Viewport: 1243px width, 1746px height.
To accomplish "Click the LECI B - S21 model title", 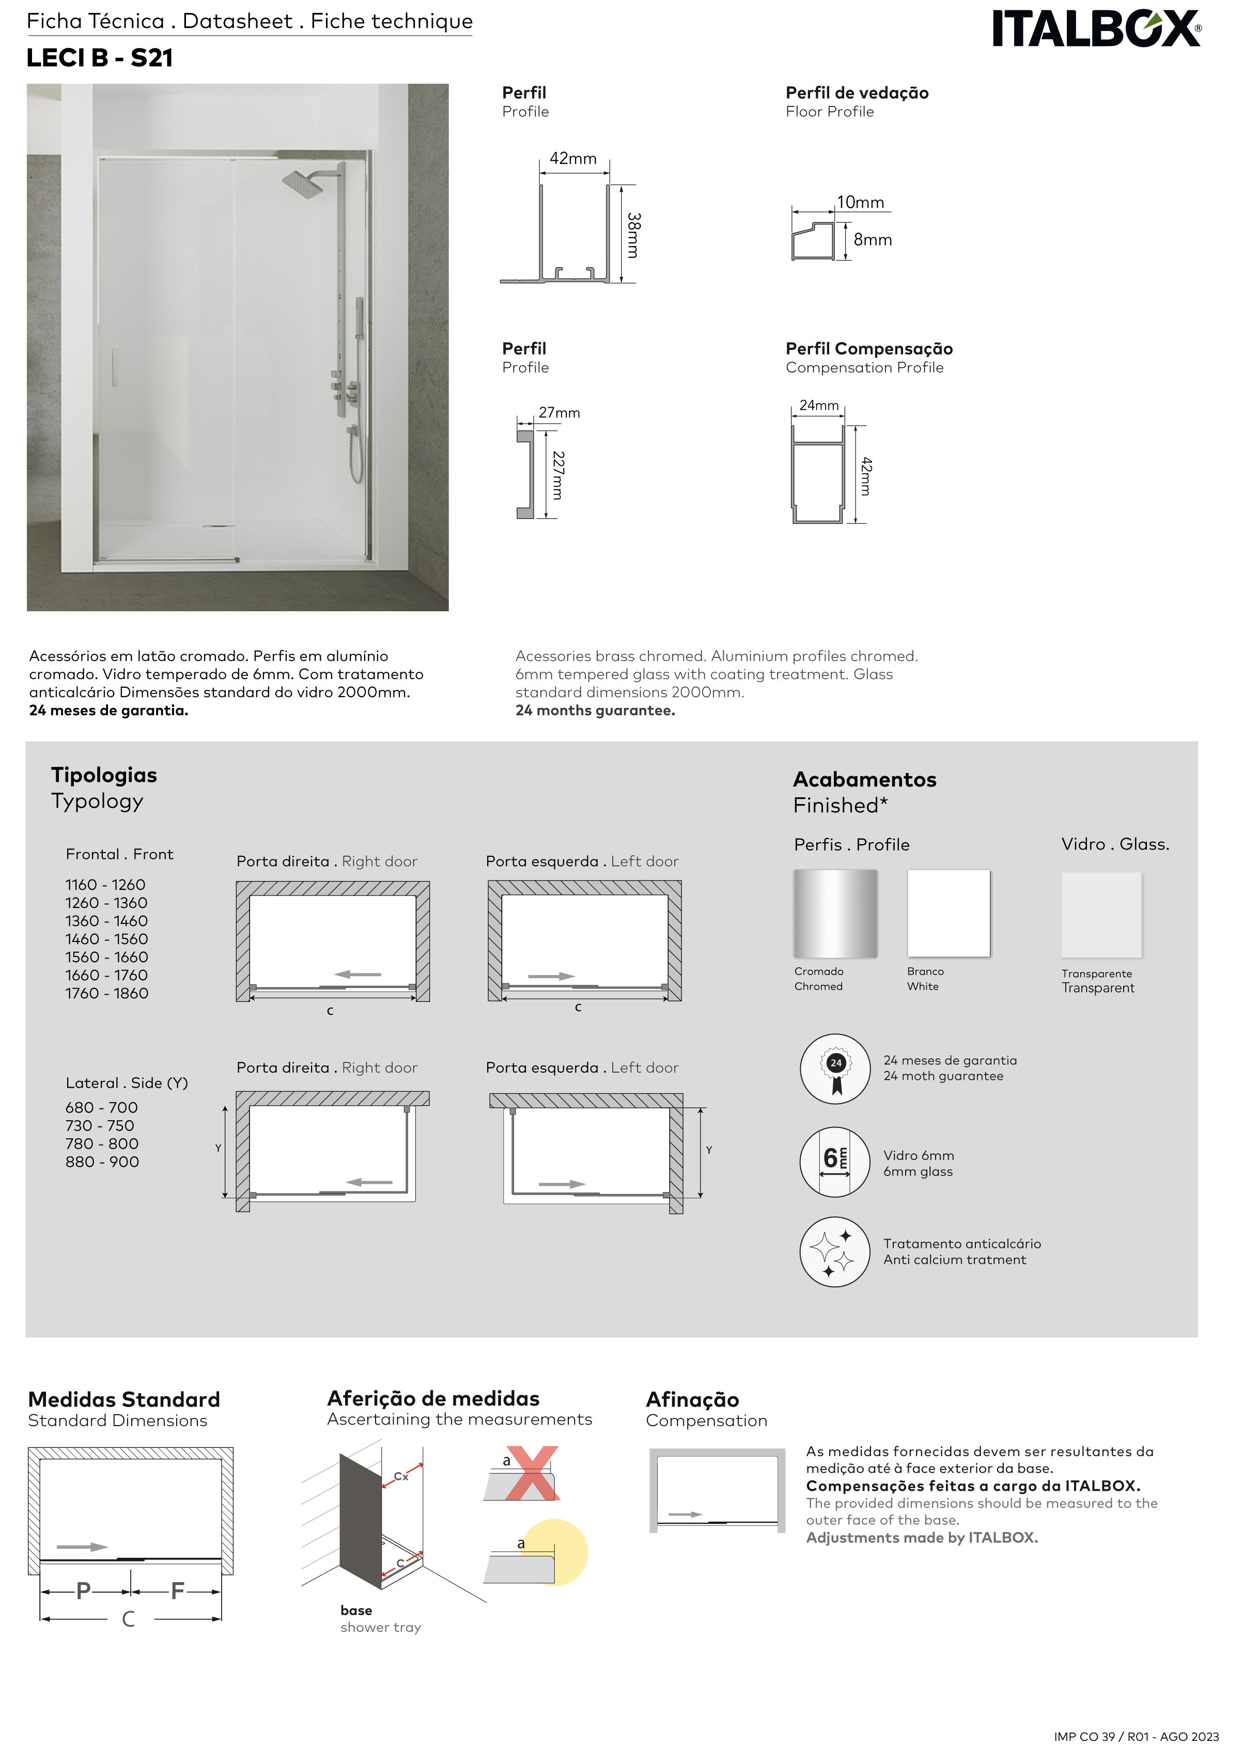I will [x=100, y=58].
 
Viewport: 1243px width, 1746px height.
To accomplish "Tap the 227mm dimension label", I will [x=559, y=475].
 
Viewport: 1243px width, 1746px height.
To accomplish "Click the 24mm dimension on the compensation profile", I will [x=818, y=406].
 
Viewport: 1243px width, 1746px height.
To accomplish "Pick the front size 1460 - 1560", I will [x=106, y=939].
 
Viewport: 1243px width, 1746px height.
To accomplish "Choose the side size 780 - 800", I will [x=102, y=1144].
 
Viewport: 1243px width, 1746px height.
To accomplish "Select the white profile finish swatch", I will [x=949, y=913].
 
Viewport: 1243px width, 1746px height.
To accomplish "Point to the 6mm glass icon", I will [x=835, y=1161].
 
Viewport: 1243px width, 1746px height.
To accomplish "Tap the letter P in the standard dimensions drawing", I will [x=83, y=1592].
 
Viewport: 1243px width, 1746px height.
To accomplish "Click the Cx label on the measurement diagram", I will [x=401, y=1477].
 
